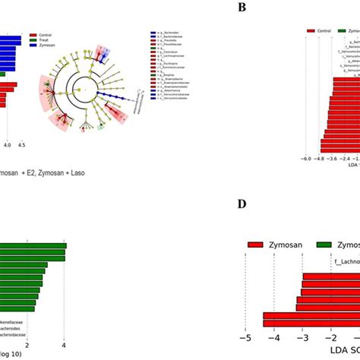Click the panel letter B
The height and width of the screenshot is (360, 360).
pos(242,8)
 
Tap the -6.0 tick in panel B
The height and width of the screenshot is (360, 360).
pos(305,158)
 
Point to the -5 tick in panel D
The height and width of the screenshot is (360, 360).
pos(245,337)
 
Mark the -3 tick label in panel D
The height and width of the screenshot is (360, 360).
pos(302,337)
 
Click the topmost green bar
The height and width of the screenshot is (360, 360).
pos(33,245)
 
